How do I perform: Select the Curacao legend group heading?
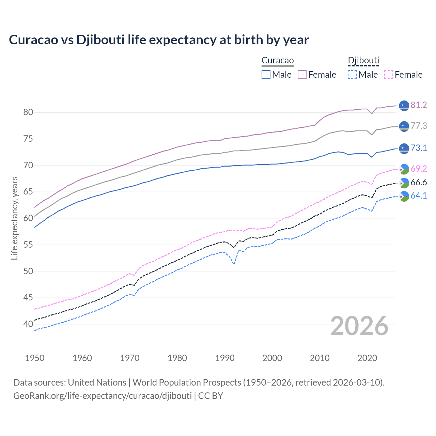click(x=278, y=61)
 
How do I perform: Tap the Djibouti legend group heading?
click(x=363, y=61)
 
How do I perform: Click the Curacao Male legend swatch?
click(x=266, y=75)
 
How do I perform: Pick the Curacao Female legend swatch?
click(x=302, y=75)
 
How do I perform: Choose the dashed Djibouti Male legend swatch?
click(x=352, y=75)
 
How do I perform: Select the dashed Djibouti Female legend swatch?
click(x=389, y=75)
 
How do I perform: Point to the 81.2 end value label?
click(x=419, y=105)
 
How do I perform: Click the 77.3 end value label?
click(x=419, y=126)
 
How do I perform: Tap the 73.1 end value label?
click(x=419, y=148)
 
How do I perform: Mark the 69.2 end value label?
click(x=419, y=169)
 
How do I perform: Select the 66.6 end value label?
click(x=419, y=183)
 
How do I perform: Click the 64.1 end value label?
click(x=419, y=196)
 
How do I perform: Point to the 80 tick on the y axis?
click(x=28, y=112)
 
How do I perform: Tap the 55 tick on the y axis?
click(x=28, y=245)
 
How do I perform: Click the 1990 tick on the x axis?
click(x=225, y=358)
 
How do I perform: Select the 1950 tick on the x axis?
click(x=35, y=358)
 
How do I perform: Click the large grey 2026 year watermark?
click(x=359, y=326)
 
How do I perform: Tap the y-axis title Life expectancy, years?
click(x=15, y=218)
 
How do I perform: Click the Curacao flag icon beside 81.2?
click(x=404, y=106)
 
